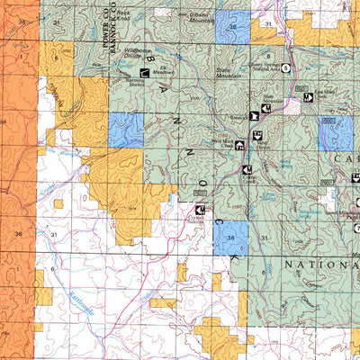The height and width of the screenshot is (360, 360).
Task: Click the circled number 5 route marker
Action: point(286,67)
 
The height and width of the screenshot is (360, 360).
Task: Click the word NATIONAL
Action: point(315,267)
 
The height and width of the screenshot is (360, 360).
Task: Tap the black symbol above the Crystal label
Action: point(199,208)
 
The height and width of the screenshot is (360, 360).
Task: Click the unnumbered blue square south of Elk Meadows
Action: point(126,130)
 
